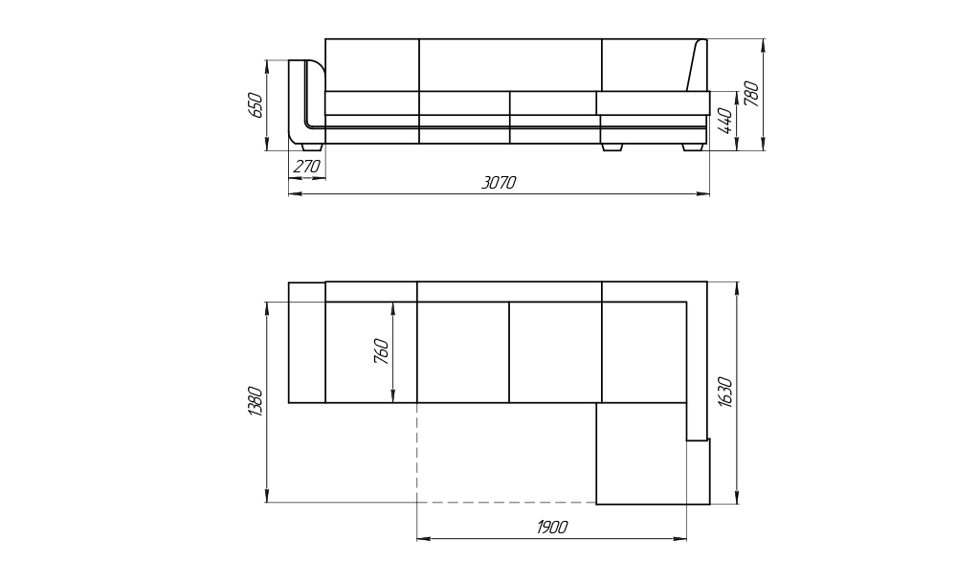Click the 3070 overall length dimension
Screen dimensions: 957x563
tap(499, 183)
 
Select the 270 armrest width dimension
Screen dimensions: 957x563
tap(306, 166)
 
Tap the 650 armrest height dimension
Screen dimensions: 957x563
tap(256, 105)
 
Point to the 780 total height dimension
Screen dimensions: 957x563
tap(751, 94)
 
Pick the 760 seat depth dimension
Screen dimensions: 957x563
tap(381, 351)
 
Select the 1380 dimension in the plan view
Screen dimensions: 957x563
tap(256, 402)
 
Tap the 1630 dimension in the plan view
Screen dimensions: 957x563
tap(725, 392)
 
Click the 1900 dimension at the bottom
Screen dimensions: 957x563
tap(552, 527)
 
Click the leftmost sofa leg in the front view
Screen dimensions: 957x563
tap(313, 147)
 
